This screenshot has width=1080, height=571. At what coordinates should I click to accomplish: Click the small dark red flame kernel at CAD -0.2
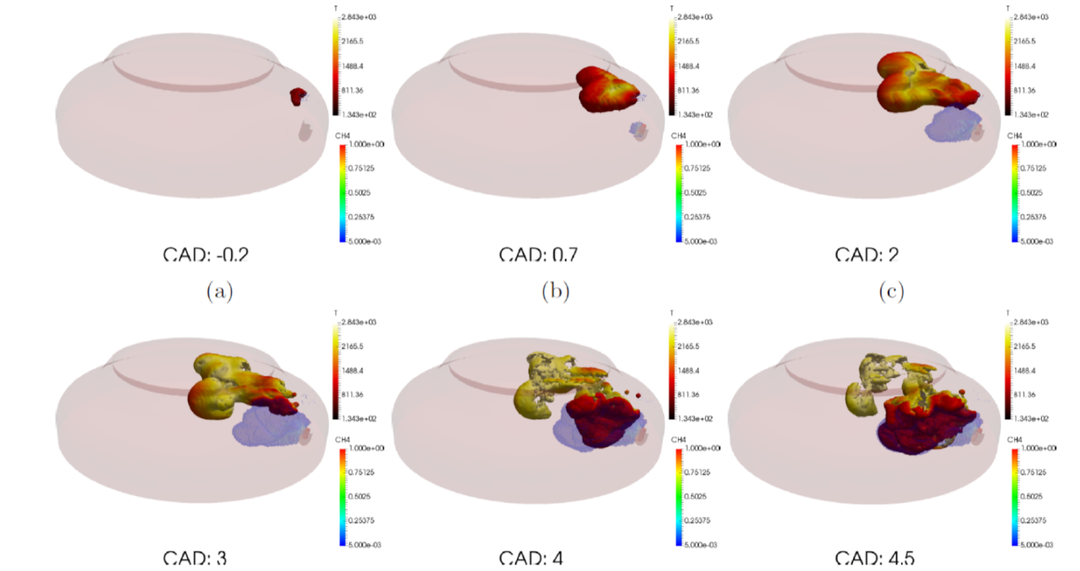point(296,97)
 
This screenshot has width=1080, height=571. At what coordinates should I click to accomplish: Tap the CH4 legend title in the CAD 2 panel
point(1014,136)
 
